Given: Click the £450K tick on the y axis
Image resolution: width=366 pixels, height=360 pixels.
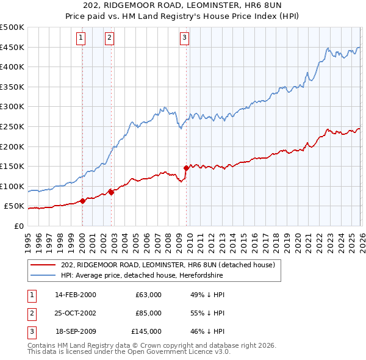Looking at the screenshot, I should pos(12,47).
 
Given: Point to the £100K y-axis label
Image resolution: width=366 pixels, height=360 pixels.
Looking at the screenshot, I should pos(12,186).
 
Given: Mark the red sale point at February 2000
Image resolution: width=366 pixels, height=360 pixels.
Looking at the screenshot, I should pos(83,201).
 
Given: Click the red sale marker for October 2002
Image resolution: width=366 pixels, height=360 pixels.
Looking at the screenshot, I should pos(112,192).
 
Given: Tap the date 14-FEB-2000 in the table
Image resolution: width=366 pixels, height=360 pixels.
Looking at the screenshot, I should pos(75,295).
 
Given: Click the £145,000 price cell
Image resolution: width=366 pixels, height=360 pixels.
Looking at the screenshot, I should pos(146,331).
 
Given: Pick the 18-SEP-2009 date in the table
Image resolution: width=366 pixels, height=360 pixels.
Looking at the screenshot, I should pos(75,331).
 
